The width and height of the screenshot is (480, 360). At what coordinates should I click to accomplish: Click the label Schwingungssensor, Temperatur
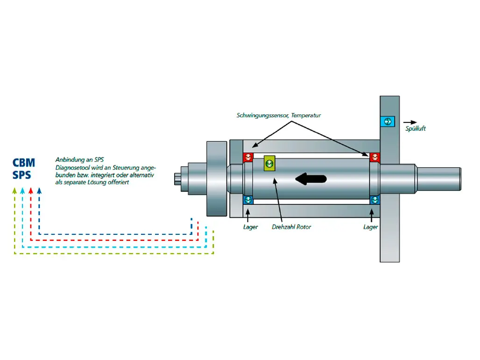pyautogui.click(x=279, y=115)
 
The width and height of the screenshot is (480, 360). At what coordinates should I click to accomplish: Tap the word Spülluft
pyautogui.click(x=416, y=128)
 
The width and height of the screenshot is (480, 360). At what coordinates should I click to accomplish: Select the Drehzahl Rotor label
pyautogui.click(x=291, y=227)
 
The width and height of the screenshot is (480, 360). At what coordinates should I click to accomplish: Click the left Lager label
pyautogui.click(x=250, y=227)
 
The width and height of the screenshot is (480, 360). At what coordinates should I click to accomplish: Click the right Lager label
pyautogui.click(x=371, y=227)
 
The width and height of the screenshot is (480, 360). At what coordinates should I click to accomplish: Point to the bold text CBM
pyautogui.click(x=24, y=163)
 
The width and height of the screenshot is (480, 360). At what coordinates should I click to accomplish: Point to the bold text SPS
pyautogui.click(x=22, y=176)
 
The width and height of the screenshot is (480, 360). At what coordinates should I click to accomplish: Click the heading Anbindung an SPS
pyautogui.click(x=79, y=159)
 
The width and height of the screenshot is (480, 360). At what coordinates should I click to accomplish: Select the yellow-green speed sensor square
pyautogui.click(x=269, y=163)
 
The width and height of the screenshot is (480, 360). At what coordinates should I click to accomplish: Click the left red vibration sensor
pyautogui.click(x=248, y=157)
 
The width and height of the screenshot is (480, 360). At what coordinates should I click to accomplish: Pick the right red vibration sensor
pyautogui.click(x=374, y=157)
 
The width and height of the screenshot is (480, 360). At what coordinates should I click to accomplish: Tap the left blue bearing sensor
pyautogui.click(x=248, y=200)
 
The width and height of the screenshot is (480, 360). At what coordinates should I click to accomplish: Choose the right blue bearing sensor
pyautogui.click(x=374, y=200)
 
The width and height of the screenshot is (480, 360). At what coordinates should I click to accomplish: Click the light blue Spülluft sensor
pyautogui.click(x=387, y=122)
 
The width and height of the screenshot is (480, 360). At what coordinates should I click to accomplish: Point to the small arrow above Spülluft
pyautogui.click(x=410, y=122)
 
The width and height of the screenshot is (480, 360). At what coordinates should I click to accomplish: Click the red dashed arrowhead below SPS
pyautogui.click(x=30, y=190)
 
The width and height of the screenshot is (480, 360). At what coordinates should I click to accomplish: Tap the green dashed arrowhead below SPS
pyautogui.click(x=14, y=190)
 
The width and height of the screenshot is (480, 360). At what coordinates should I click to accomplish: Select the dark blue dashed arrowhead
pyautogui.click(x=39, y=190)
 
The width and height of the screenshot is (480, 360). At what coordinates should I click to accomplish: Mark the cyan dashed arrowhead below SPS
pyautogui.click(x=22, y=190)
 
